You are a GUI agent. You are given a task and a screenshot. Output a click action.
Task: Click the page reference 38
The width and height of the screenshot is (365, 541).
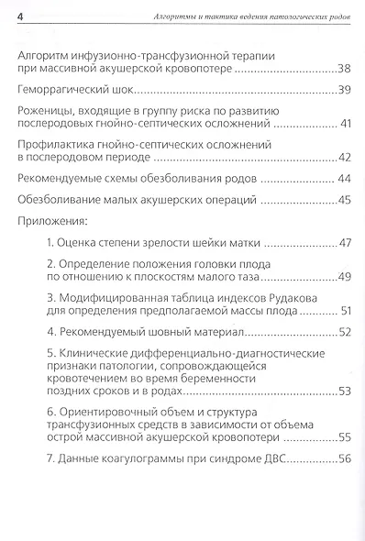coord(344,70)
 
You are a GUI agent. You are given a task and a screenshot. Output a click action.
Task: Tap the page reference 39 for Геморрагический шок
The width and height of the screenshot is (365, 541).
coord(344,91)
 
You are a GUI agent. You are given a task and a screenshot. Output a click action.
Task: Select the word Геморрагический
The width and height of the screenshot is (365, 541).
coord(64,91)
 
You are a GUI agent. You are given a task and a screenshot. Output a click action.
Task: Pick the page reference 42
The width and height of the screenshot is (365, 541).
coord(344,159)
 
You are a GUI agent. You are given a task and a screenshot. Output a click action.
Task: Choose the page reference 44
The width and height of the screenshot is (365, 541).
coord(345,179)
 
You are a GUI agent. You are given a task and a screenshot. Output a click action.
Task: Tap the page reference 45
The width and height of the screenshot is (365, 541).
coord(344,200)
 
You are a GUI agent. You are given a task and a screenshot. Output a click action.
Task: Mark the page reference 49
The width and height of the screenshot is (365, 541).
coord(344,276)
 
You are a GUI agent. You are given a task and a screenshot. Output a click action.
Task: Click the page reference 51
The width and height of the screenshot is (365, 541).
coord(345,311)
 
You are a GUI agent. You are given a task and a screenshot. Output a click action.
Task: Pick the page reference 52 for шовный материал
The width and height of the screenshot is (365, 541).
coord(344,331)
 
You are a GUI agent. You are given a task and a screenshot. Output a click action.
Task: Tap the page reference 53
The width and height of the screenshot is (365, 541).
coord(344,392)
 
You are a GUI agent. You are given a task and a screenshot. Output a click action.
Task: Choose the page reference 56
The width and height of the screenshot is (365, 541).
coord(344,458)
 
